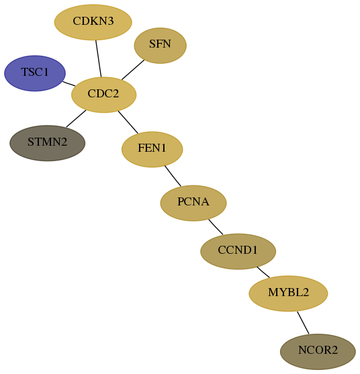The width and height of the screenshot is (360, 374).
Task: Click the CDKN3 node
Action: pos(93,22)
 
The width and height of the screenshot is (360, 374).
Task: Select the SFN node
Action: pos(160,46)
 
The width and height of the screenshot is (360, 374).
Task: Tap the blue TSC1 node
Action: pos(35,73)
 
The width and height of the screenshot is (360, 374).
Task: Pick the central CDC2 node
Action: pos(104,95)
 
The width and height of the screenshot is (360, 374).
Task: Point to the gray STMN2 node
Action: pos(47,143)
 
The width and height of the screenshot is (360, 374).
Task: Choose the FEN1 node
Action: pos(152,149)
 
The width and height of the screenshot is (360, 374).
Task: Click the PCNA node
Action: pos(193,203)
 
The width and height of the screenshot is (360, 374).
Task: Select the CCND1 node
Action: pos(238,251)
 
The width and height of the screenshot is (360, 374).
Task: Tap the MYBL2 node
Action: pos(288,293)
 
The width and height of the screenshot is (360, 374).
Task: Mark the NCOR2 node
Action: pos(318,352)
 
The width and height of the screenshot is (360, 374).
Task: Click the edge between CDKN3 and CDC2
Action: pos(99,58)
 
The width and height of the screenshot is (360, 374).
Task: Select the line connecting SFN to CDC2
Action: pos(133,70)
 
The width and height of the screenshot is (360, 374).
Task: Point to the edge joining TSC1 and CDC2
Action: pos(69,84)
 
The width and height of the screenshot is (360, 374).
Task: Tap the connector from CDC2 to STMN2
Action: pos(76,119)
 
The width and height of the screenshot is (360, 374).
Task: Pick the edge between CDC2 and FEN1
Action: pos(128,122)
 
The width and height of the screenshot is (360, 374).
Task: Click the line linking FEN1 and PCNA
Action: pos(173,176)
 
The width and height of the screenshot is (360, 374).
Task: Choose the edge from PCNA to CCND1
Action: pos(216,227)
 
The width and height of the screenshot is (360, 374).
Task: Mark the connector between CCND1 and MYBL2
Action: pos(263,272)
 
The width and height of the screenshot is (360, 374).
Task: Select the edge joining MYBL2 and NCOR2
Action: pos(303,323)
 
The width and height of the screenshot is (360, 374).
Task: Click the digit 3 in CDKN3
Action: pos(110,21)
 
